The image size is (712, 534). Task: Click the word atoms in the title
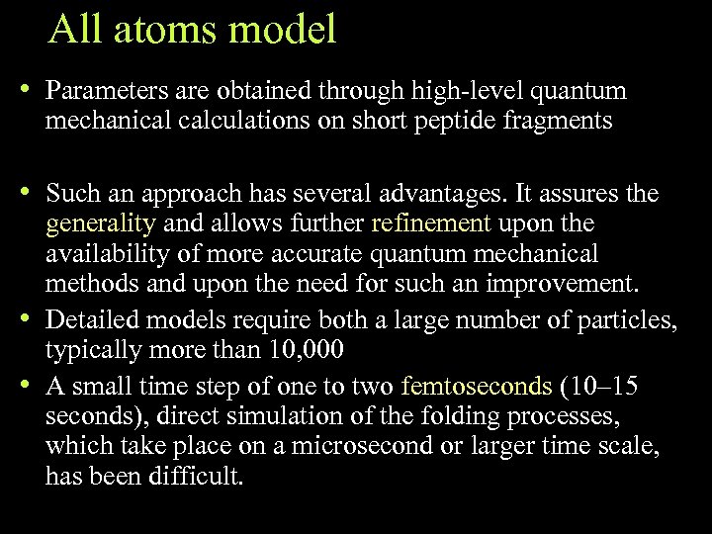coord(161,30)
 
